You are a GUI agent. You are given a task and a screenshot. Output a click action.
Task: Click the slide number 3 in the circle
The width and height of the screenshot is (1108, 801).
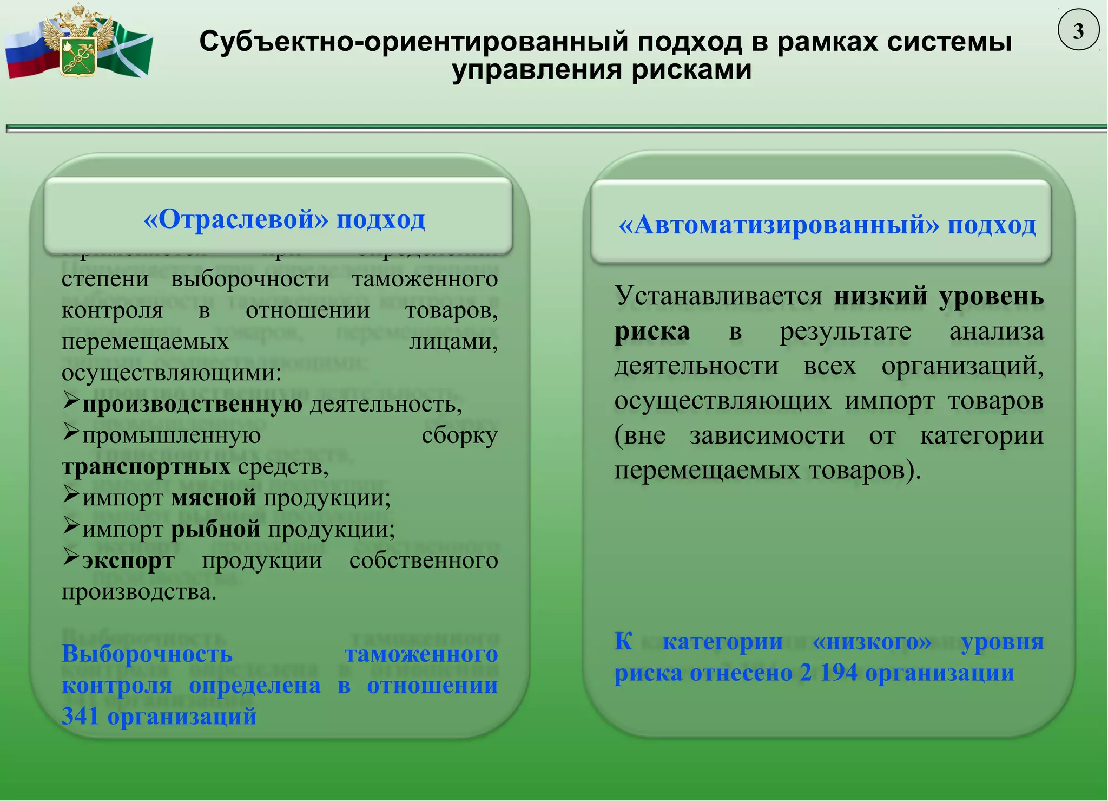[1078, 31]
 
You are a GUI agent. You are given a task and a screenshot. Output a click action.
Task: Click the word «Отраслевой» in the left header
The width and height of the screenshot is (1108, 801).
[236, 219]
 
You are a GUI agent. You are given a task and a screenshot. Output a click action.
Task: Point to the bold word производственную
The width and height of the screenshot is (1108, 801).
[192, 404]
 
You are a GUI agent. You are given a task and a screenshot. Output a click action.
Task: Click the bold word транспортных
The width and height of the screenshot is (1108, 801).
[146, 467]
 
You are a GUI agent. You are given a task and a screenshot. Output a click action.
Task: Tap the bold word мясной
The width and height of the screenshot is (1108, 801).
[214, 498]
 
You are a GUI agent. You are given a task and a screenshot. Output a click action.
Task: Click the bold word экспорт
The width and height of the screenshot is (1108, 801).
[128, 560]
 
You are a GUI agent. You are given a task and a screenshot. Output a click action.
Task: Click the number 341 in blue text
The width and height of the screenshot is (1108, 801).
[80, 716]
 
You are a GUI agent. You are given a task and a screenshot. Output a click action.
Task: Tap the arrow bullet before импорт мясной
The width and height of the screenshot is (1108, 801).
[71, 494]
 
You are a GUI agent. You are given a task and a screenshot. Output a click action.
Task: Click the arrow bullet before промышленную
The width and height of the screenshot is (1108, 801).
[71, 432]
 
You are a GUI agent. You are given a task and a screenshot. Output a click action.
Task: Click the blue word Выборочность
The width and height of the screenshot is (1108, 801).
[147, 654]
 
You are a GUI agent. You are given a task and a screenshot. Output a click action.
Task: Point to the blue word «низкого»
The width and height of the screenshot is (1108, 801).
[872, 641]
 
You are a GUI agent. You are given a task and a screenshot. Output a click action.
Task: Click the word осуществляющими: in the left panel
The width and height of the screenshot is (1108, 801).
[172, 373]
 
